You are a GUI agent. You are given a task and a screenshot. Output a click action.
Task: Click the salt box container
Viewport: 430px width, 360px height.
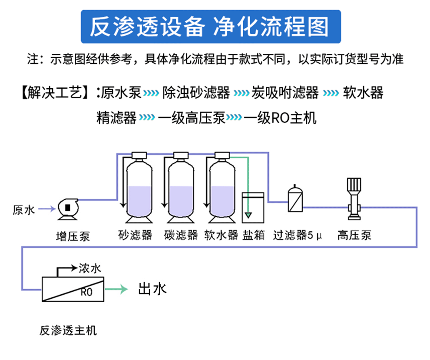(x=252, y=206)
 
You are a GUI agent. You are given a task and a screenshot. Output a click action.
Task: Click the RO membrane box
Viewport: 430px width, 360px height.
(x=73, y=289)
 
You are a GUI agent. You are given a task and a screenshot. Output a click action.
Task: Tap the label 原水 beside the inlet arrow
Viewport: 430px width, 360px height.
(x=23, y=210)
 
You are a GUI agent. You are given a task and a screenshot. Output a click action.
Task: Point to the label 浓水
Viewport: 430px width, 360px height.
(x=89, y=269)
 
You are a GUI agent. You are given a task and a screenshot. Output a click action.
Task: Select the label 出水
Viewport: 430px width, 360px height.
(x=152, y=289)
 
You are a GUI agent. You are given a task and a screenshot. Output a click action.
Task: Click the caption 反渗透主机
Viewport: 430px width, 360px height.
(x=68, y=330)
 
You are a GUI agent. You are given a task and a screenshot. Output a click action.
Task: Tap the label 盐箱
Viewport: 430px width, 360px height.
(x=253, y=235)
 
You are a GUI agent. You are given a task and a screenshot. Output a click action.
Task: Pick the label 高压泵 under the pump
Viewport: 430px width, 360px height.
(x=354, y=235)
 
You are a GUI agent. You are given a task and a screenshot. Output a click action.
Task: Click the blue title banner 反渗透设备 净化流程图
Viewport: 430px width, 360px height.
(x=211, y=27)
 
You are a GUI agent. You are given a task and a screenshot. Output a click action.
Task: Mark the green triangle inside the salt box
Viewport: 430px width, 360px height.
(x=248, y=215)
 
